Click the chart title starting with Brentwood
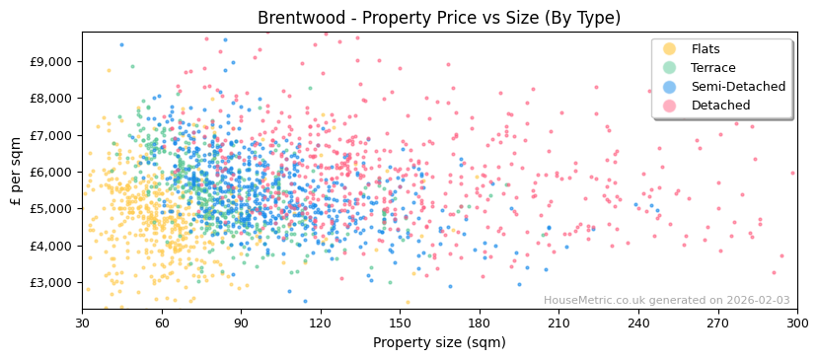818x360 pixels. click(439, 18)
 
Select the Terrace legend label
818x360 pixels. click(715, 68)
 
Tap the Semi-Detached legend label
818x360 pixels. click(738, 87)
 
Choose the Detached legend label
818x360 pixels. click(720, 106)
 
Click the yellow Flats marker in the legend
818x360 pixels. click(670, 49)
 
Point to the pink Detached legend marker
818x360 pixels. click(670, 106)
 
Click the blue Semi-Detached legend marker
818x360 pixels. click(670, 87)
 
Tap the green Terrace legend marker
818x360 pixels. click(670, 68)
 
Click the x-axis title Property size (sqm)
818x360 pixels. click(439, 343)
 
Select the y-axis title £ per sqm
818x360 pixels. click(16, 172)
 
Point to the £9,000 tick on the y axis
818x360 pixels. click(51, 61)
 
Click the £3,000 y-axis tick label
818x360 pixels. click(51, 283)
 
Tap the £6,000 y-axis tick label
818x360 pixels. click(51, 172)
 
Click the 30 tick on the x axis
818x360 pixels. click(82, 323)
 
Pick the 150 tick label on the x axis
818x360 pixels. click(400, 323)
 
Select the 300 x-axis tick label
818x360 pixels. click(796, 323)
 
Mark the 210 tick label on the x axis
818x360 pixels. click(558, 323)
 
